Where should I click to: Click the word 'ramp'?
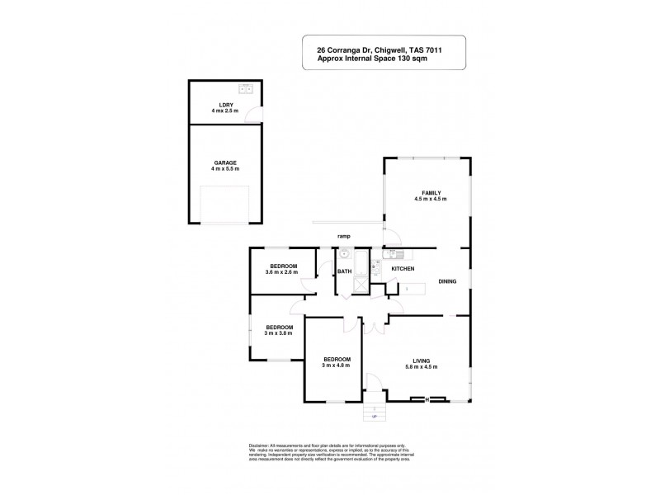click(x=345, y=236)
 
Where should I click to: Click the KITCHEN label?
click(x=402, y=269)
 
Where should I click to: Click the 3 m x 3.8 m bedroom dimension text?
click(x=279, y=332)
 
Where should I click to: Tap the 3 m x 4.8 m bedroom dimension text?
click(x=337, y=365)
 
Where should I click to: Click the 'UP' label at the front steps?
click(x=375, y=417)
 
